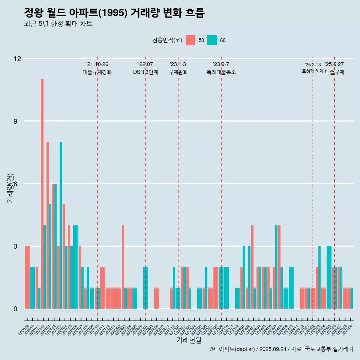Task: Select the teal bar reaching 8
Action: (x=61, y=225)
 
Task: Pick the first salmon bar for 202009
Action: (x=27, y=277)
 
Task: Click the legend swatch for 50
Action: (x=190, y=40)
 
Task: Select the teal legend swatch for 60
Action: (x=212, y=40)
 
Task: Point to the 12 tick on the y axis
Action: (x=17, y=58)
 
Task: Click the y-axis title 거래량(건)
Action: (x=10, y=187)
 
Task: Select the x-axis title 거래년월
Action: (x=189, y=340)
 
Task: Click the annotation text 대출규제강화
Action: (x=97, y=72)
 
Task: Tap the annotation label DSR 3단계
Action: (x=145, y=72)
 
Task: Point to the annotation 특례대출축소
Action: (x=221, y=72)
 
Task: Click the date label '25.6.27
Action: (x=334, y=64)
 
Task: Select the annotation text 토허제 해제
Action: (x=312, y=71)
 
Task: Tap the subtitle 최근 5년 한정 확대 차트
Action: (x=58, y=24)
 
